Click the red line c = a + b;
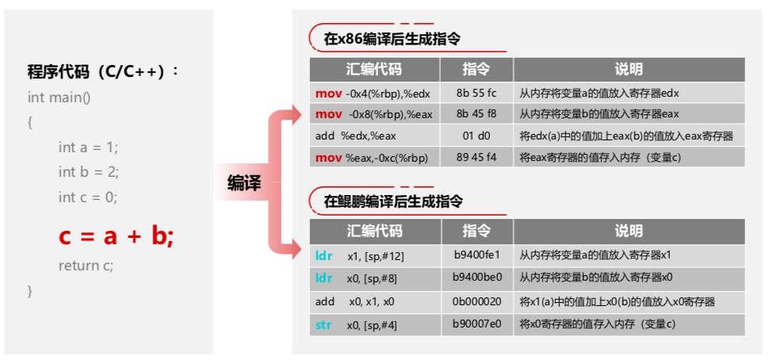(x=116, y=236)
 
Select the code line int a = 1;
(x=88, y=147)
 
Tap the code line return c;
(x=86, y=266)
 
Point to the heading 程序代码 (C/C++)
(x=104, y=72)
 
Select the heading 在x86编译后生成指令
(x=392, y=38)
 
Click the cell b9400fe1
(x=476, y=256)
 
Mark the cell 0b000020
(x=476, y=301)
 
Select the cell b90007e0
(x=476, y=324)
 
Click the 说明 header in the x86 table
(x=629, y=69)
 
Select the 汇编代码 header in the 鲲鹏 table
(x=374, y=232)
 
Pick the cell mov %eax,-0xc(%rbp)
(x=372, y=158)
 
